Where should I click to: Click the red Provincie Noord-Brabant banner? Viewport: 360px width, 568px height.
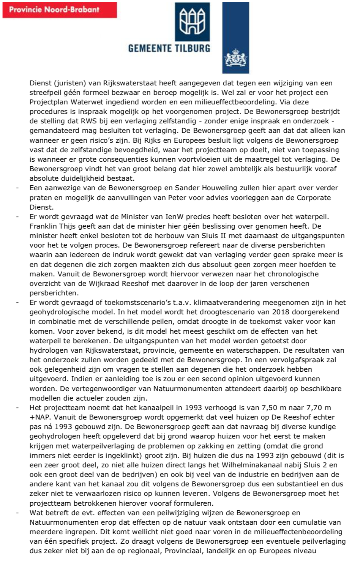(60, 10)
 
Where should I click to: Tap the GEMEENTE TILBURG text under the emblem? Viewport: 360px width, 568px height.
(169, 48)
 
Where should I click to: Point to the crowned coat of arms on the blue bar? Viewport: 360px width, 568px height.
(235, 59)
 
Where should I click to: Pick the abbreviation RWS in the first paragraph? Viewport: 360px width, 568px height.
(88, 121)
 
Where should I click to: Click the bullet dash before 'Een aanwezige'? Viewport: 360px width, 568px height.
(17, 188)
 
